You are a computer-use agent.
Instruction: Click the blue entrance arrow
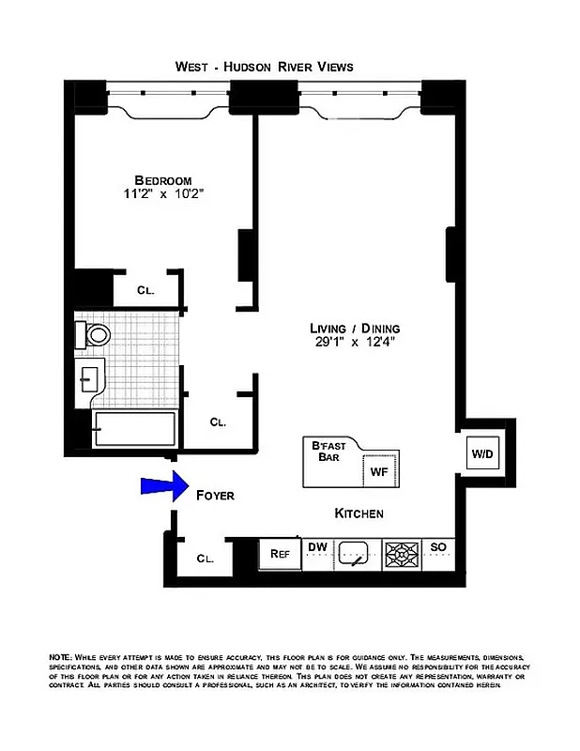click(160, 485)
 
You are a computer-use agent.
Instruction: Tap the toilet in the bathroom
click(95, 333)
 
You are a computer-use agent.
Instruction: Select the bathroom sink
click(90, 379)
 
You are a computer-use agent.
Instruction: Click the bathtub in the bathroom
click(133, 431)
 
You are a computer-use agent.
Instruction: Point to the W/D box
click(482, 454)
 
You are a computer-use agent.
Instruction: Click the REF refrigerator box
click(280, 554)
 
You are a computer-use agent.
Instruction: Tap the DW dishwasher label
click(317, 546)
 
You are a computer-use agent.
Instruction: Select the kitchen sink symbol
click(355, 554)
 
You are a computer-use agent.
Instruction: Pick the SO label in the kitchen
click(438, 546)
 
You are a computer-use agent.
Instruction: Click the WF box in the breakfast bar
click(379, 469)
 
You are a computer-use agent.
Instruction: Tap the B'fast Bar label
click(328, 452)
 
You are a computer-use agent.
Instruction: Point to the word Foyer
click(214, 495)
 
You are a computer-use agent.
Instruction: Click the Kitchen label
click(359, 513)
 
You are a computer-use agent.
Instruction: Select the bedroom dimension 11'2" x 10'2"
click(162, 194)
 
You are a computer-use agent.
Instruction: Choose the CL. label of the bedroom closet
click(145, 290)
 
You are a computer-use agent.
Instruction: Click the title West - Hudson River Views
click(264, 67)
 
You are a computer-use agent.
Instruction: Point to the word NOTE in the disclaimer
click(62, 656)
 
